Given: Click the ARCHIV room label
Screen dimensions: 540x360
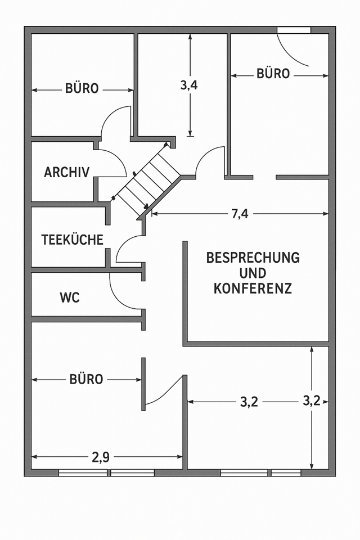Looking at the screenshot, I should tap(66, 173).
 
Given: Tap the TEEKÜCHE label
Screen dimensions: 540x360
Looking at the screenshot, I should tap(72, 240).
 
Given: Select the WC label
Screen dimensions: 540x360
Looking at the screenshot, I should tap(70, 298).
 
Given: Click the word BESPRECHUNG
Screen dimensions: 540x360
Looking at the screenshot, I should tap(253, 258).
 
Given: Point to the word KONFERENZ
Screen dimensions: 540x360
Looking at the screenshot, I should tap(253, 289).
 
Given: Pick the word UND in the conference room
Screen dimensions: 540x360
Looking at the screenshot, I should tap(253, 273).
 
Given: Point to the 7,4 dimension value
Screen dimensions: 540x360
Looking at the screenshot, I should tap(240, 214).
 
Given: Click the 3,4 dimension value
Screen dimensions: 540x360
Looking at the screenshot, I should tap(189, 85).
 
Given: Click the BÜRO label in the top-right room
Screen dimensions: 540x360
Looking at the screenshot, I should tap(273, 74).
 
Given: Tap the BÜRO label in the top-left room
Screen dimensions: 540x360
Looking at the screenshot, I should tap(82, 89).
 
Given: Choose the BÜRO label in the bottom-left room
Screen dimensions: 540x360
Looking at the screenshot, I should tap(86, 380).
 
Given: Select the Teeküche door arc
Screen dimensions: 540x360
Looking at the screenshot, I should tap(128, 249).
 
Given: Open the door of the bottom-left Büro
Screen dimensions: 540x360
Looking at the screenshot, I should tap(166, 391).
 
